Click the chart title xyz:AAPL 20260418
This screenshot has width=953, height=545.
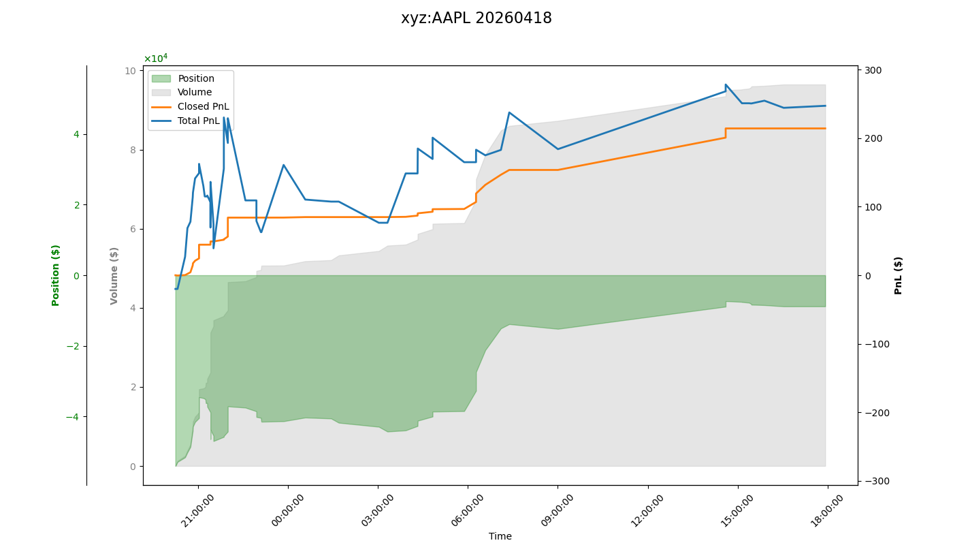pos(476,18)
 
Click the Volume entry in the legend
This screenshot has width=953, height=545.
pos(194,92)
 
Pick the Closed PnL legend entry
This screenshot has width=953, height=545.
pos(203,106)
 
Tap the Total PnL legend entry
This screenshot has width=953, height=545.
pos(198,121)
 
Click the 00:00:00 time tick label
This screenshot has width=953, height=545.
pos(289,510)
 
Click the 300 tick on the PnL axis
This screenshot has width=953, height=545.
pos(873,70)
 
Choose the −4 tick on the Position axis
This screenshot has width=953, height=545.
pos(71,417)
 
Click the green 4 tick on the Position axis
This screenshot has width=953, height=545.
pos(76,134)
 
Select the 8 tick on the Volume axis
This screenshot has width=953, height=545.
pos(133,150)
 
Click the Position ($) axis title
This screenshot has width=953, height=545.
pos(56,275)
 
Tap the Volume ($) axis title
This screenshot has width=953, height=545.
pos(114,275)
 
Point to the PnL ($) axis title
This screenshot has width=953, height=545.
pos(899,275)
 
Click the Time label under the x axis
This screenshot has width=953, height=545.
pos(500,536)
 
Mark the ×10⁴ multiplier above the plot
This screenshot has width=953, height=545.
pos(155,59)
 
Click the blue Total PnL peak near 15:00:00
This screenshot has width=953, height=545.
pos(726,85)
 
